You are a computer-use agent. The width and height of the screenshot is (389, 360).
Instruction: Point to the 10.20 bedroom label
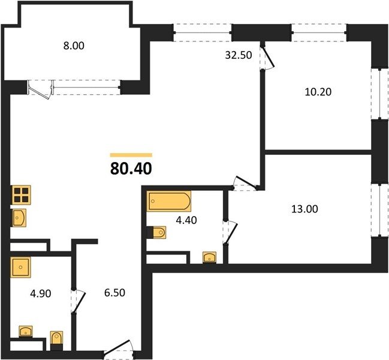tap(318, 92)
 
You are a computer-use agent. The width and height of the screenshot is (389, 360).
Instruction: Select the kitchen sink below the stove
tap(19, 218)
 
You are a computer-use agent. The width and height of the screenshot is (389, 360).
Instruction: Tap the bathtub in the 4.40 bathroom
tap(170, 201)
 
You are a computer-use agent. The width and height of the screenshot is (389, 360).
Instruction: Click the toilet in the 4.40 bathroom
tap(158, 232)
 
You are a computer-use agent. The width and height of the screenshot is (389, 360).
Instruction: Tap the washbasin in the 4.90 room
tap(26, 331)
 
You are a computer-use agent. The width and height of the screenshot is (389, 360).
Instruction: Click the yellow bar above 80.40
tap(131, 154)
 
